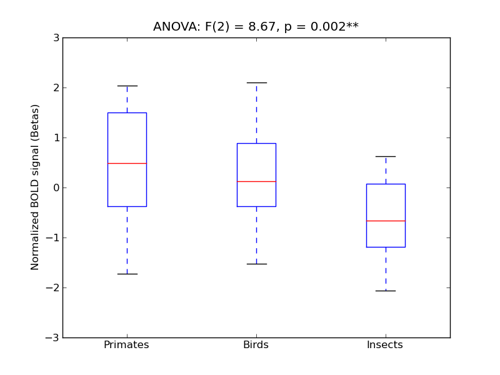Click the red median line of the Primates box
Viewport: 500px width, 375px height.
click(127, 163)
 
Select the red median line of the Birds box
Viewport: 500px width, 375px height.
click(256, 181)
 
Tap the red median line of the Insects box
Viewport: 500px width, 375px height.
click(386, 221)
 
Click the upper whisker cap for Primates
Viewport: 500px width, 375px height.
click(127, 86)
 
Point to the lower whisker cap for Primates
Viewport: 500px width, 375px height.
click(127, 274)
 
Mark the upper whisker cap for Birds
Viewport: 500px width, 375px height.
click(256, 82)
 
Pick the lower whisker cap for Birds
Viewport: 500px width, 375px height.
click(256, 264)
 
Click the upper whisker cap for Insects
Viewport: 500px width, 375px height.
click(386, 156)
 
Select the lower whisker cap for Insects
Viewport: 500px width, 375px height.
click(386, 291)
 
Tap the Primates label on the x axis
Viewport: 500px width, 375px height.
click(126, 345)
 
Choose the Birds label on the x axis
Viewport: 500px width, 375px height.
click(256, 345)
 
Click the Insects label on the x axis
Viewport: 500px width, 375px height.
click(384, 345)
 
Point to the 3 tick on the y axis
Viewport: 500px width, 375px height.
click(56, 37)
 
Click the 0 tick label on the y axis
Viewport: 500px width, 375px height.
click(56, 187)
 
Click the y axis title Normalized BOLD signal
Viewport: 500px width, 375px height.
click(36, 187)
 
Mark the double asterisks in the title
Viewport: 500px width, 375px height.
click(352, 26)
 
